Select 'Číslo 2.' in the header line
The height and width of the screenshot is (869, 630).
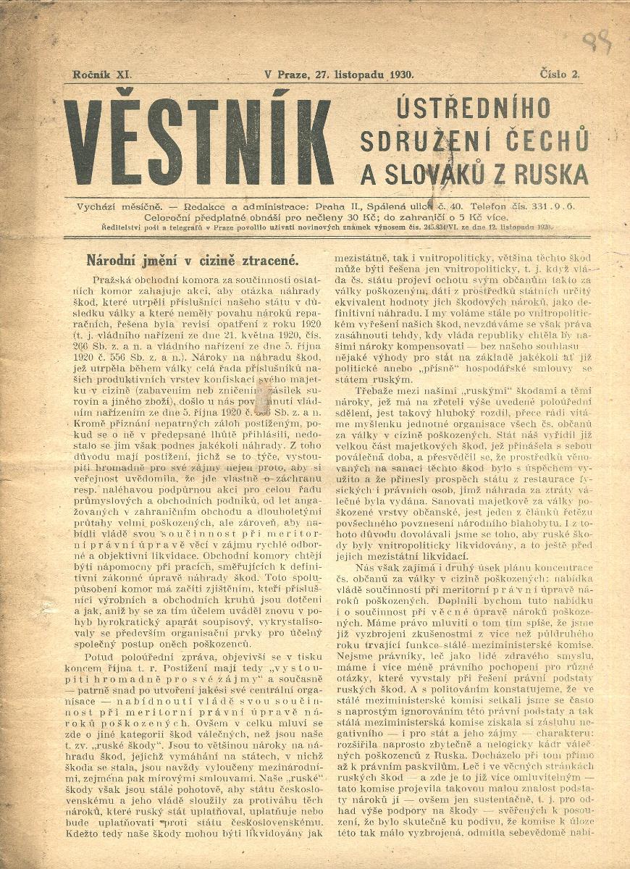click(x=560, y=74)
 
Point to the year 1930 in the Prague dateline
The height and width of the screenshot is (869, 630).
click(x=400, y=75)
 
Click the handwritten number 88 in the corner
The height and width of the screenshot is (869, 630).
click(x=597, y=42)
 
